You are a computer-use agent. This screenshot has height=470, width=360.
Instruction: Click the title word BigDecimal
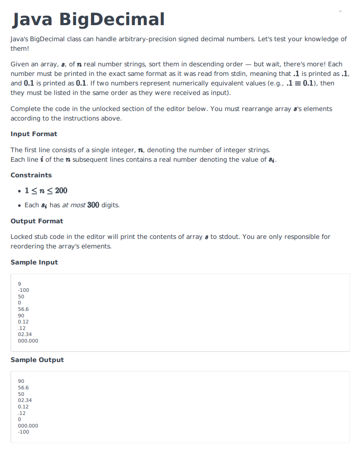(112, 20)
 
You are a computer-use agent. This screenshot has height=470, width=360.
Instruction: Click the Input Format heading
(34, 134)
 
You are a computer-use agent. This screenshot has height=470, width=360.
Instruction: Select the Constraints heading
(31, 175)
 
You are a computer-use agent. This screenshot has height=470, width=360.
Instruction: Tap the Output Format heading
(37, 221)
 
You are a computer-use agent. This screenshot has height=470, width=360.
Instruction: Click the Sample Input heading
(34, 262)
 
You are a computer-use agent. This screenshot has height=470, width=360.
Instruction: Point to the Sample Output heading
(37, 360)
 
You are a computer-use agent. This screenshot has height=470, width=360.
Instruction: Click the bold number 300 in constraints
(93, 205)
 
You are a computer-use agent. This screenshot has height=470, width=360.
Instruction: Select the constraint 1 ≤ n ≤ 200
(46, 191)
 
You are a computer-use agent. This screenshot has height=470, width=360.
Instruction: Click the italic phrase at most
(74, 205)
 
